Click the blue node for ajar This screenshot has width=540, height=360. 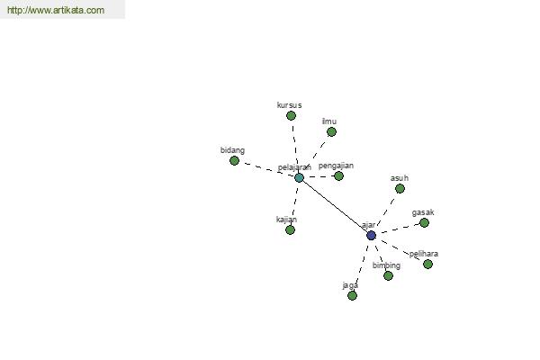click(371, 236)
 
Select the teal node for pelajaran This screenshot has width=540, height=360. click(299, 178)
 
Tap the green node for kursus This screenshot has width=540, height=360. click(291, 116)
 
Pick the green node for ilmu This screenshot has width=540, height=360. click(331, 132)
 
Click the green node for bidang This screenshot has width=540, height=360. click(234, 160)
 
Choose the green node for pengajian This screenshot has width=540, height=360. click(339, 176)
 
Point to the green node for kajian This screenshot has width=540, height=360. click(291, 229)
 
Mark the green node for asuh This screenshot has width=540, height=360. click(400, 188)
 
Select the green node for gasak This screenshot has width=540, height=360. click(424, 223)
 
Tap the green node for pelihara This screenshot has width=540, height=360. click(427, 265)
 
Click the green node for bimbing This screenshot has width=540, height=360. click(388, 275)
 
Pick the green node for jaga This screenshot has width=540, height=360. click(352, 295)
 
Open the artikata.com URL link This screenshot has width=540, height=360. click(56, 10)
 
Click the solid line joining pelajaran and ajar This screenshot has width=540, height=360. click(335, 207)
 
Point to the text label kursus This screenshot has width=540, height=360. click(289, 105)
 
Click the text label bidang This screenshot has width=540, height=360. click(232, 150)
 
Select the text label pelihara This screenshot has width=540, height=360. click(424, 254)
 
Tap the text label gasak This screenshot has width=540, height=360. click(423, 212)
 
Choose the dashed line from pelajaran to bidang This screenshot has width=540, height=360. click(266, 169)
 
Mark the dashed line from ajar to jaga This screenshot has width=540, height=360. click(362, 265)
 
